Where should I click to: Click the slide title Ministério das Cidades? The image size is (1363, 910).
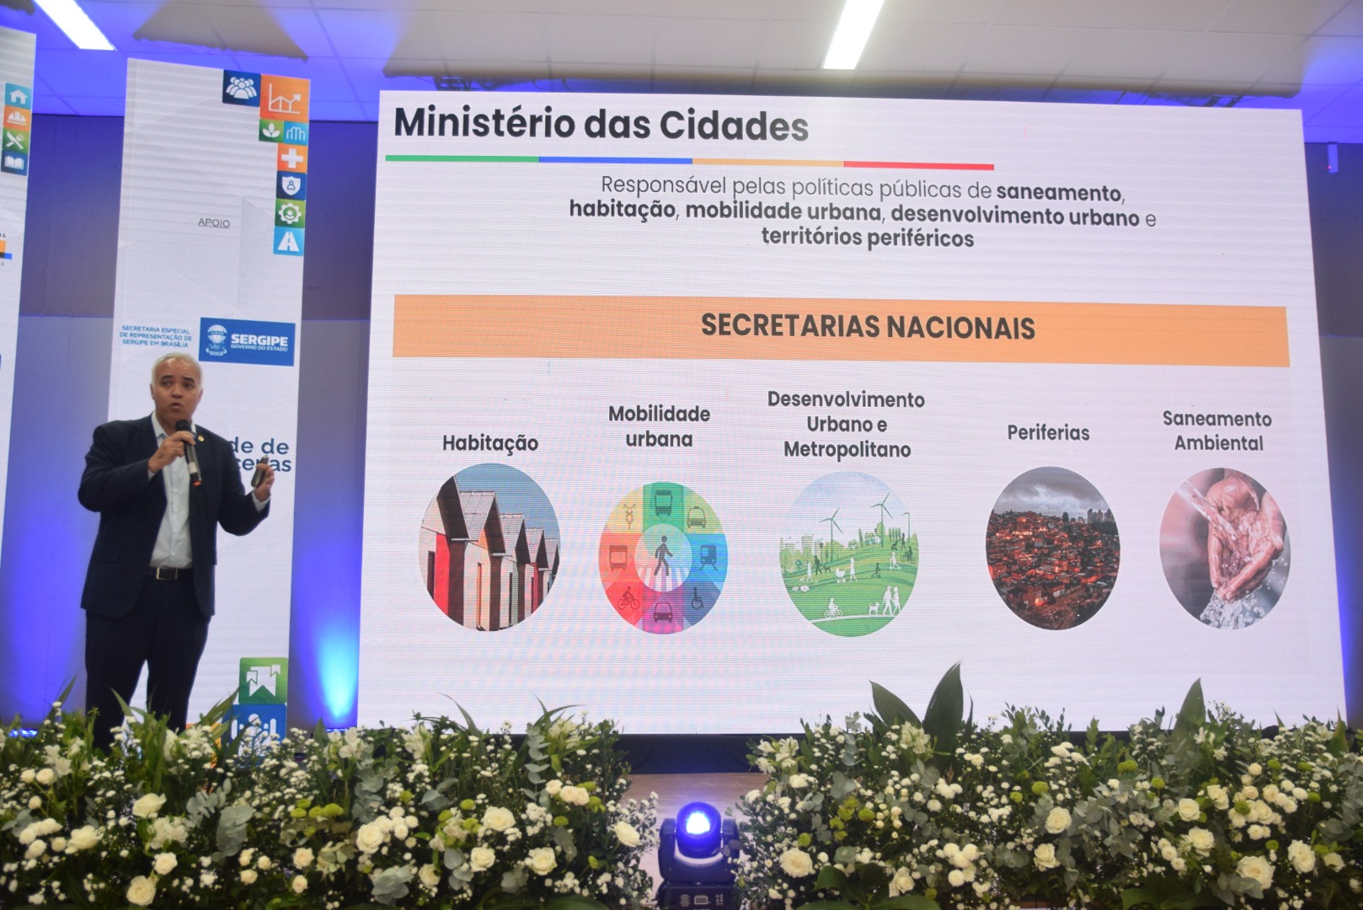coord(601,126)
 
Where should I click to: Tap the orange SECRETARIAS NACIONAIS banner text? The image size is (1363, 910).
coord(868,327)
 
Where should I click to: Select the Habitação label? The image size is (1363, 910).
coord(489,443)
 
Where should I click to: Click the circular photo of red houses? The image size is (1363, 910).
coord(489,547)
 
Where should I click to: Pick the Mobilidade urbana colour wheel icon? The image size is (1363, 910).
coord(662,557)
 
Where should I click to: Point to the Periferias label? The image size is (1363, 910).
coord(1048,433)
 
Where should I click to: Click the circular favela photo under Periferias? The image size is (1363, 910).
coord(1052,548)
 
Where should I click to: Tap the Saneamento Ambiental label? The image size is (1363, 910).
coord(1217,431)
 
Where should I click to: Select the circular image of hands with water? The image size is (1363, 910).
coord(1224,548)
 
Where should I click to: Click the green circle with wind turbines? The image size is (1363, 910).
coord(849,553)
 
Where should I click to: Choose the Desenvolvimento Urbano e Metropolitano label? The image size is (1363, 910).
coord(846,424)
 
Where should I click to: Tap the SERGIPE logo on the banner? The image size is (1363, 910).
coord(248,341)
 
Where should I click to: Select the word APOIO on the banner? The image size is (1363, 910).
coord(213,222)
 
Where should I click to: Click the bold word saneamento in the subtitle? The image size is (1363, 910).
coord(1058,192)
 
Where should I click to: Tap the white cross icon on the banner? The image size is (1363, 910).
coord(291,158)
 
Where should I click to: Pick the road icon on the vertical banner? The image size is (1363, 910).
coord(288,241)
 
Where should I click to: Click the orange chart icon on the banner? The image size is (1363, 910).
coord(284,99)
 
